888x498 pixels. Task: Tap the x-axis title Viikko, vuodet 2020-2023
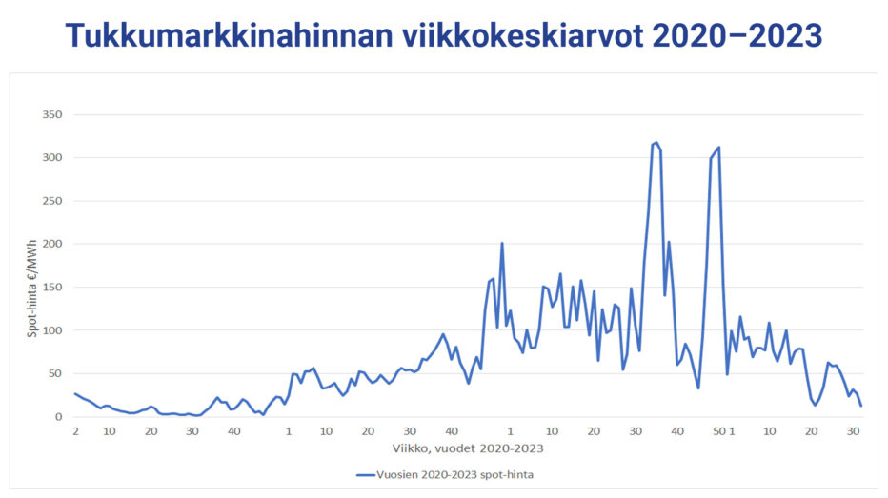467,448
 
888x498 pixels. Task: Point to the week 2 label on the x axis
74,431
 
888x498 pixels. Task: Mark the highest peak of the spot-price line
656,143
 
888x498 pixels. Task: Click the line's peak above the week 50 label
718,147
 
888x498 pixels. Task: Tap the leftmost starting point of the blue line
74,393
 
